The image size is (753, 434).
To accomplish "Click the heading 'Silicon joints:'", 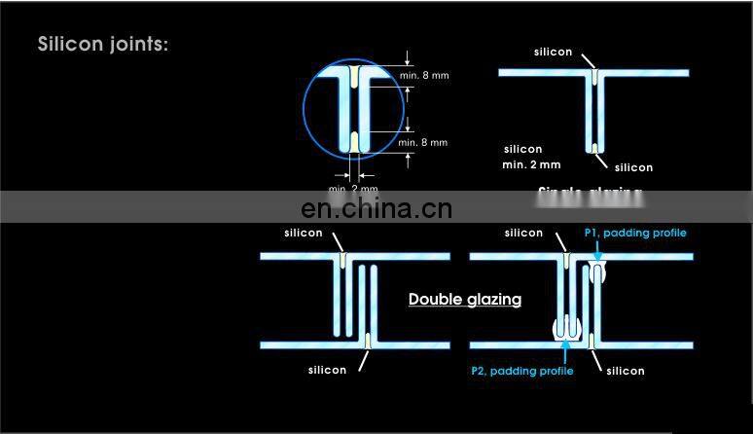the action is coord(103,45).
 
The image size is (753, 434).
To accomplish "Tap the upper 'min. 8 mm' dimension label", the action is coord(422,75).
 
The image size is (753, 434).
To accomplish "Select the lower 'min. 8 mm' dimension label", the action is coord(422,143).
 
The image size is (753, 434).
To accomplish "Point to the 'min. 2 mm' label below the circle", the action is coord(353,188).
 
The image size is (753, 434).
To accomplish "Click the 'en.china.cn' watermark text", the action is coord(376,208).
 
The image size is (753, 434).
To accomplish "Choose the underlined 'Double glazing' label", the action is coord(464,300).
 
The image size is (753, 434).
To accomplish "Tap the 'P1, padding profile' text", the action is coord(634,234).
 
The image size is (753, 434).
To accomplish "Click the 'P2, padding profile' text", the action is coord(521,371).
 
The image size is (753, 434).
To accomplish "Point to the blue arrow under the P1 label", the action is coord(596,250).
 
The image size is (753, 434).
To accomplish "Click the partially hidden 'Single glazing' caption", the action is coord(590,192).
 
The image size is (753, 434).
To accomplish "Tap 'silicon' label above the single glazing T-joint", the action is coord(553,53).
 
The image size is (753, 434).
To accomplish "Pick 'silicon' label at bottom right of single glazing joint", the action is coord(633,168).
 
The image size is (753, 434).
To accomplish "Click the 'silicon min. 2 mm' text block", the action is coord(530,157).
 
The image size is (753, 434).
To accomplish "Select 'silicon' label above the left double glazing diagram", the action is coord(304,234).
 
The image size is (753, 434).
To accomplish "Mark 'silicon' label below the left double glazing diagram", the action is coord(327,371).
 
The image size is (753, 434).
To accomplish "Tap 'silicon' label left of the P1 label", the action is coord(523,234).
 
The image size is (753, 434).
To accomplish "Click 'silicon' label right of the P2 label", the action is coord(625,371).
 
